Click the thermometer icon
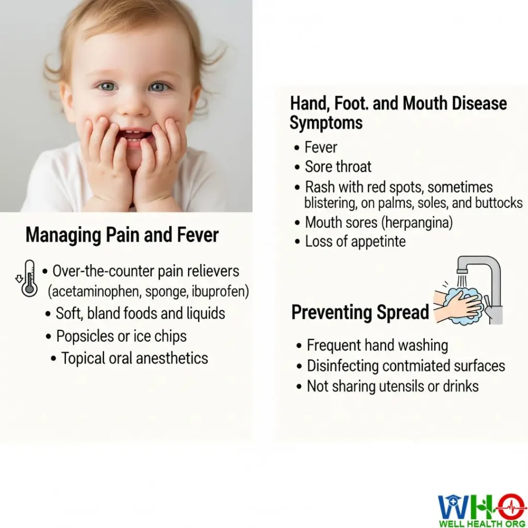tap(29, 278)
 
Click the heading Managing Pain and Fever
tap(122, 235)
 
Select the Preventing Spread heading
tap(360, 312)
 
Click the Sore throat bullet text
tap(338, 167)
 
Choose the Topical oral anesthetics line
tap(135, 358)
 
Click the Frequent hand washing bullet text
tap(377, 345)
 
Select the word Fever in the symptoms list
tap(321, 147)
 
